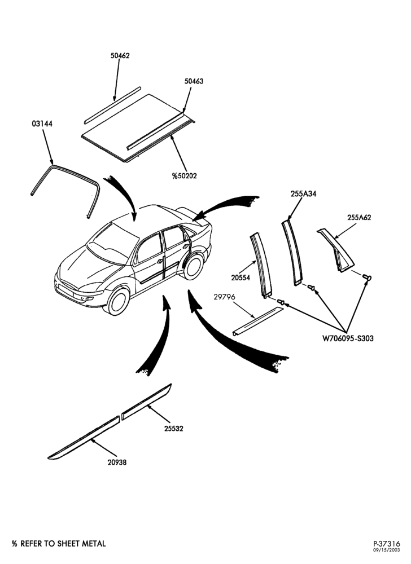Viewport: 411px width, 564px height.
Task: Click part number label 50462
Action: (120, 56)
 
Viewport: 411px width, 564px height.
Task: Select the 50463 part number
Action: (194, 81)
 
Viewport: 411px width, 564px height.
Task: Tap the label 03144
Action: (42, 124)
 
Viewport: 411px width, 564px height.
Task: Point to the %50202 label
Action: (184, 176)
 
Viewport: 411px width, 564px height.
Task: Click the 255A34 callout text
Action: (303, 194)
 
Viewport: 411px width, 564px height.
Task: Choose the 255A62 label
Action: (359, 218)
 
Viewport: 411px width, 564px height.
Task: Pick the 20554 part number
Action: (241, 277)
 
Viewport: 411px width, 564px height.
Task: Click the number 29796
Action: (224, 297)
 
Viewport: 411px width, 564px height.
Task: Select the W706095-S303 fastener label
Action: (347, 338)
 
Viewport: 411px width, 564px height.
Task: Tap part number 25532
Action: (174, 429)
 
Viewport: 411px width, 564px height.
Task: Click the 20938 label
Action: (117, 462)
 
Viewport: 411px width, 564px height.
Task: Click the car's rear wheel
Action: (193, 267)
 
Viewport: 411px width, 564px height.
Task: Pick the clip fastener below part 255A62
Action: (367, 277)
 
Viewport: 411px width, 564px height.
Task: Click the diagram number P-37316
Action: (386, 544)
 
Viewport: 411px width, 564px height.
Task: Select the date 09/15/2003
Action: (387, 550)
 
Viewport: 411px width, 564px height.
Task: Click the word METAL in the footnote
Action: (93, 544)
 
